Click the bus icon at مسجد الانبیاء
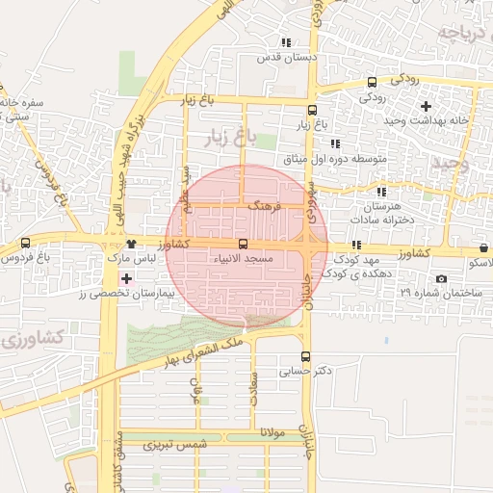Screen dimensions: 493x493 coord(242,245)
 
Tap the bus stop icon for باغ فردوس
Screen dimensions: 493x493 coord(25,243)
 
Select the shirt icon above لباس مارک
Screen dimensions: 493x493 coord(131,245)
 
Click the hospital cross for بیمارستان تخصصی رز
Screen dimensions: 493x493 coord(126,277)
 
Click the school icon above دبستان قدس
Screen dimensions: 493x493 coord(285,42)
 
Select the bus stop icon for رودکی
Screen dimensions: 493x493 coord(372,83)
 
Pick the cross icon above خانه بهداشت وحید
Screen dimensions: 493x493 coord(426,104)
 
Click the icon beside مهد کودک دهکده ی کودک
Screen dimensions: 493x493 coord(357,245)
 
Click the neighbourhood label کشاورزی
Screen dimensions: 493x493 coord(35,337)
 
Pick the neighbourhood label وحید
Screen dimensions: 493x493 coord(450,164)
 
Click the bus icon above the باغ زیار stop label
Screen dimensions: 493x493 coord(312,110)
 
